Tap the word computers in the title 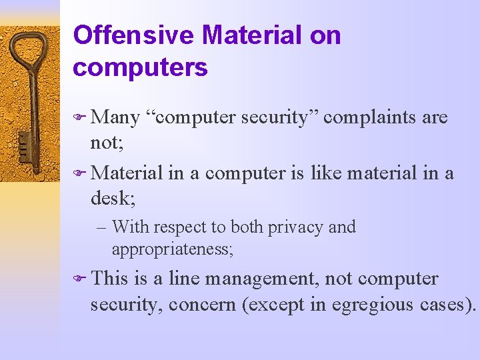click(140, 67)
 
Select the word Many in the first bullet click(115, 118)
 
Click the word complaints click(370, 118)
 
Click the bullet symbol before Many click(79, 119)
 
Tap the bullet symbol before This click(79, 279)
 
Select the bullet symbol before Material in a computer click(79, 173)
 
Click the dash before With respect click(101, 227)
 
